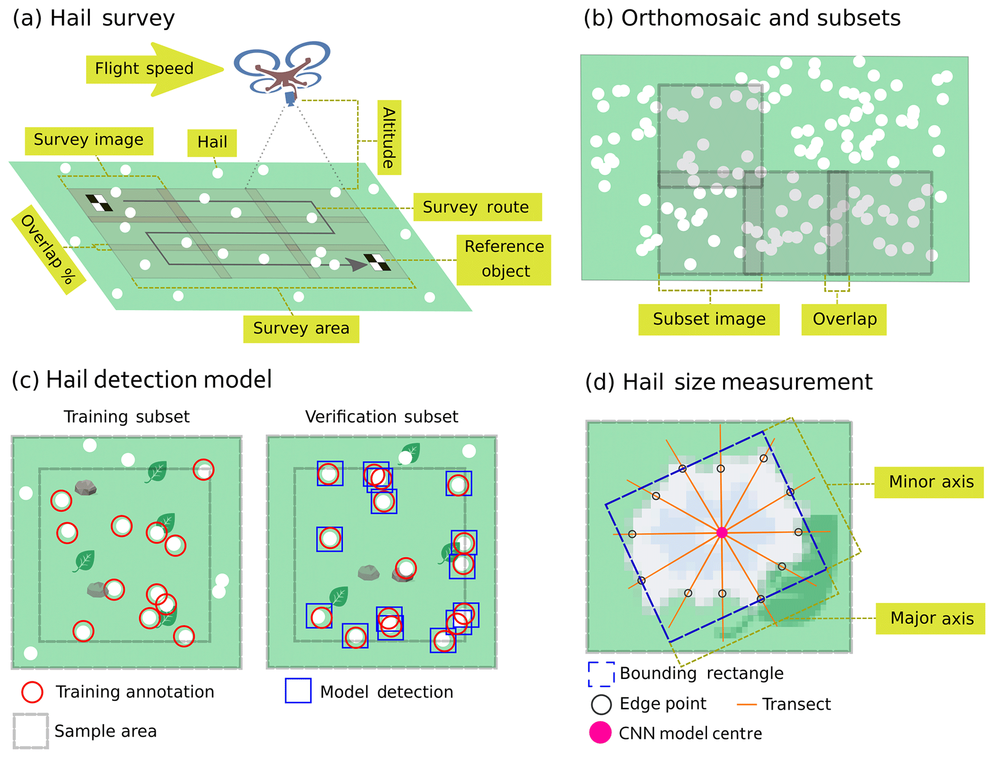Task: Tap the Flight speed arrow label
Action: point(144,69)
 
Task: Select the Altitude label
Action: point(389,138)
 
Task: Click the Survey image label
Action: point(89,140)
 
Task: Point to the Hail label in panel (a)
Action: point(212,142)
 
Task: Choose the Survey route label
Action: point(477,207)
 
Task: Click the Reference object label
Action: point(504,259)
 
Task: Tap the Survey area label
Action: point(301,328)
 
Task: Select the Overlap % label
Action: point(48,250)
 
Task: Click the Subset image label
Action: point(709,319)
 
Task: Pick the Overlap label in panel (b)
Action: point(844,319)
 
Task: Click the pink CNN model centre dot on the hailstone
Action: point(721,532)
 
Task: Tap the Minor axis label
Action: point(931,482)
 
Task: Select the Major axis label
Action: point(931,619)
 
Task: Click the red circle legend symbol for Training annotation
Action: point(32,692)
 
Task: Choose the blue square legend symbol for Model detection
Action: point(298,691)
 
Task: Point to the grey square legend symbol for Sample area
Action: point(31,731)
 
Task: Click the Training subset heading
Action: point(126,417)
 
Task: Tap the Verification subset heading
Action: point(381,417)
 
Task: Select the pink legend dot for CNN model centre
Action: point(600,733)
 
